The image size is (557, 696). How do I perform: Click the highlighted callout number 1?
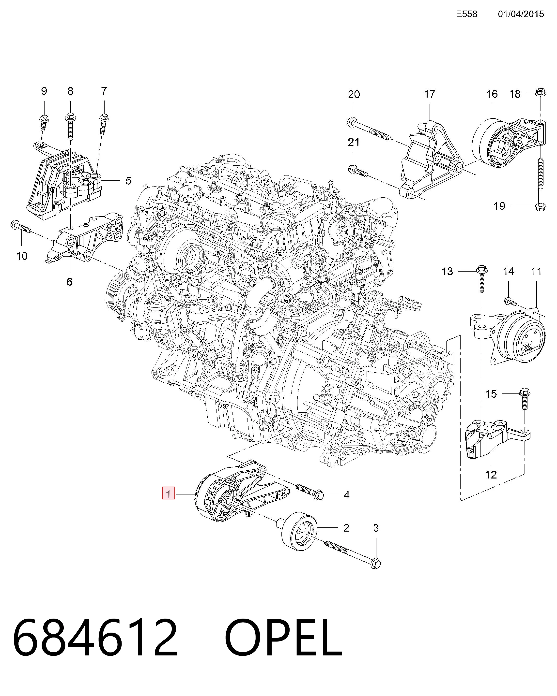(x=168, y=494)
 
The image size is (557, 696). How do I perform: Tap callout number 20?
(x=354, y=94)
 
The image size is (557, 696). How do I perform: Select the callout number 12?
(x=491, y=475)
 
